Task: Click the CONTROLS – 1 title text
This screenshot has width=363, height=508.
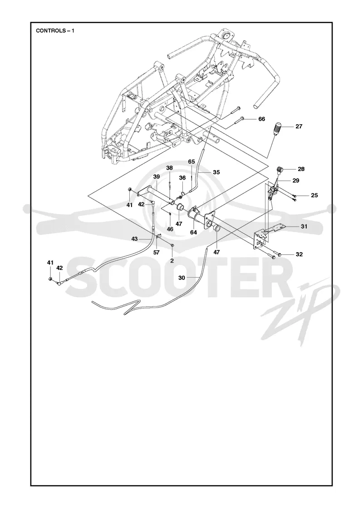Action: point(55,31)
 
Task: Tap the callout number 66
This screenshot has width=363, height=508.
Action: point(261,119)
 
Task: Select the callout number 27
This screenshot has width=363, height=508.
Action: point(299,127)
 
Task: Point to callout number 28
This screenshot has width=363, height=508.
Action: point(301,169)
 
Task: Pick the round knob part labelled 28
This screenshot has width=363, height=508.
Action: point(280,170)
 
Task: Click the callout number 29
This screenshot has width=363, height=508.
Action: point(295,181)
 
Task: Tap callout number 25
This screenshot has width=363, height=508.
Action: point(314,195)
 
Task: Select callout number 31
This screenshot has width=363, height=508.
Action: point(304,226)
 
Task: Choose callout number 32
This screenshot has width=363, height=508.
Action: point(299,254)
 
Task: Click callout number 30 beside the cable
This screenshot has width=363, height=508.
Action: point(181,278)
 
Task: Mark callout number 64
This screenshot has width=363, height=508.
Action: point(193,232)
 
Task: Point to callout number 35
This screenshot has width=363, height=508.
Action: point(216,172)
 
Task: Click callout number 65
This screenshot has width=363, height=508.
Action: point(191,161)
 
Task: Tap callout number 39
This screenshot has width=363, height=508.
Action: point(157,176)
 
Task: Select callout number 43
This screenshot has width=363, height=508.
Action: point(134,239)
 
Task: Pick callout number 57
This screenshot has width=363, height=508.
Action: point(156,252)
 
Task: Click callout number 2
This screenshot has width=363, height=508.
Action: point(172,260)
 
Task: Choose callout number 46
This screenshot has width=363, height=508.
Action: point(170,229)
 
